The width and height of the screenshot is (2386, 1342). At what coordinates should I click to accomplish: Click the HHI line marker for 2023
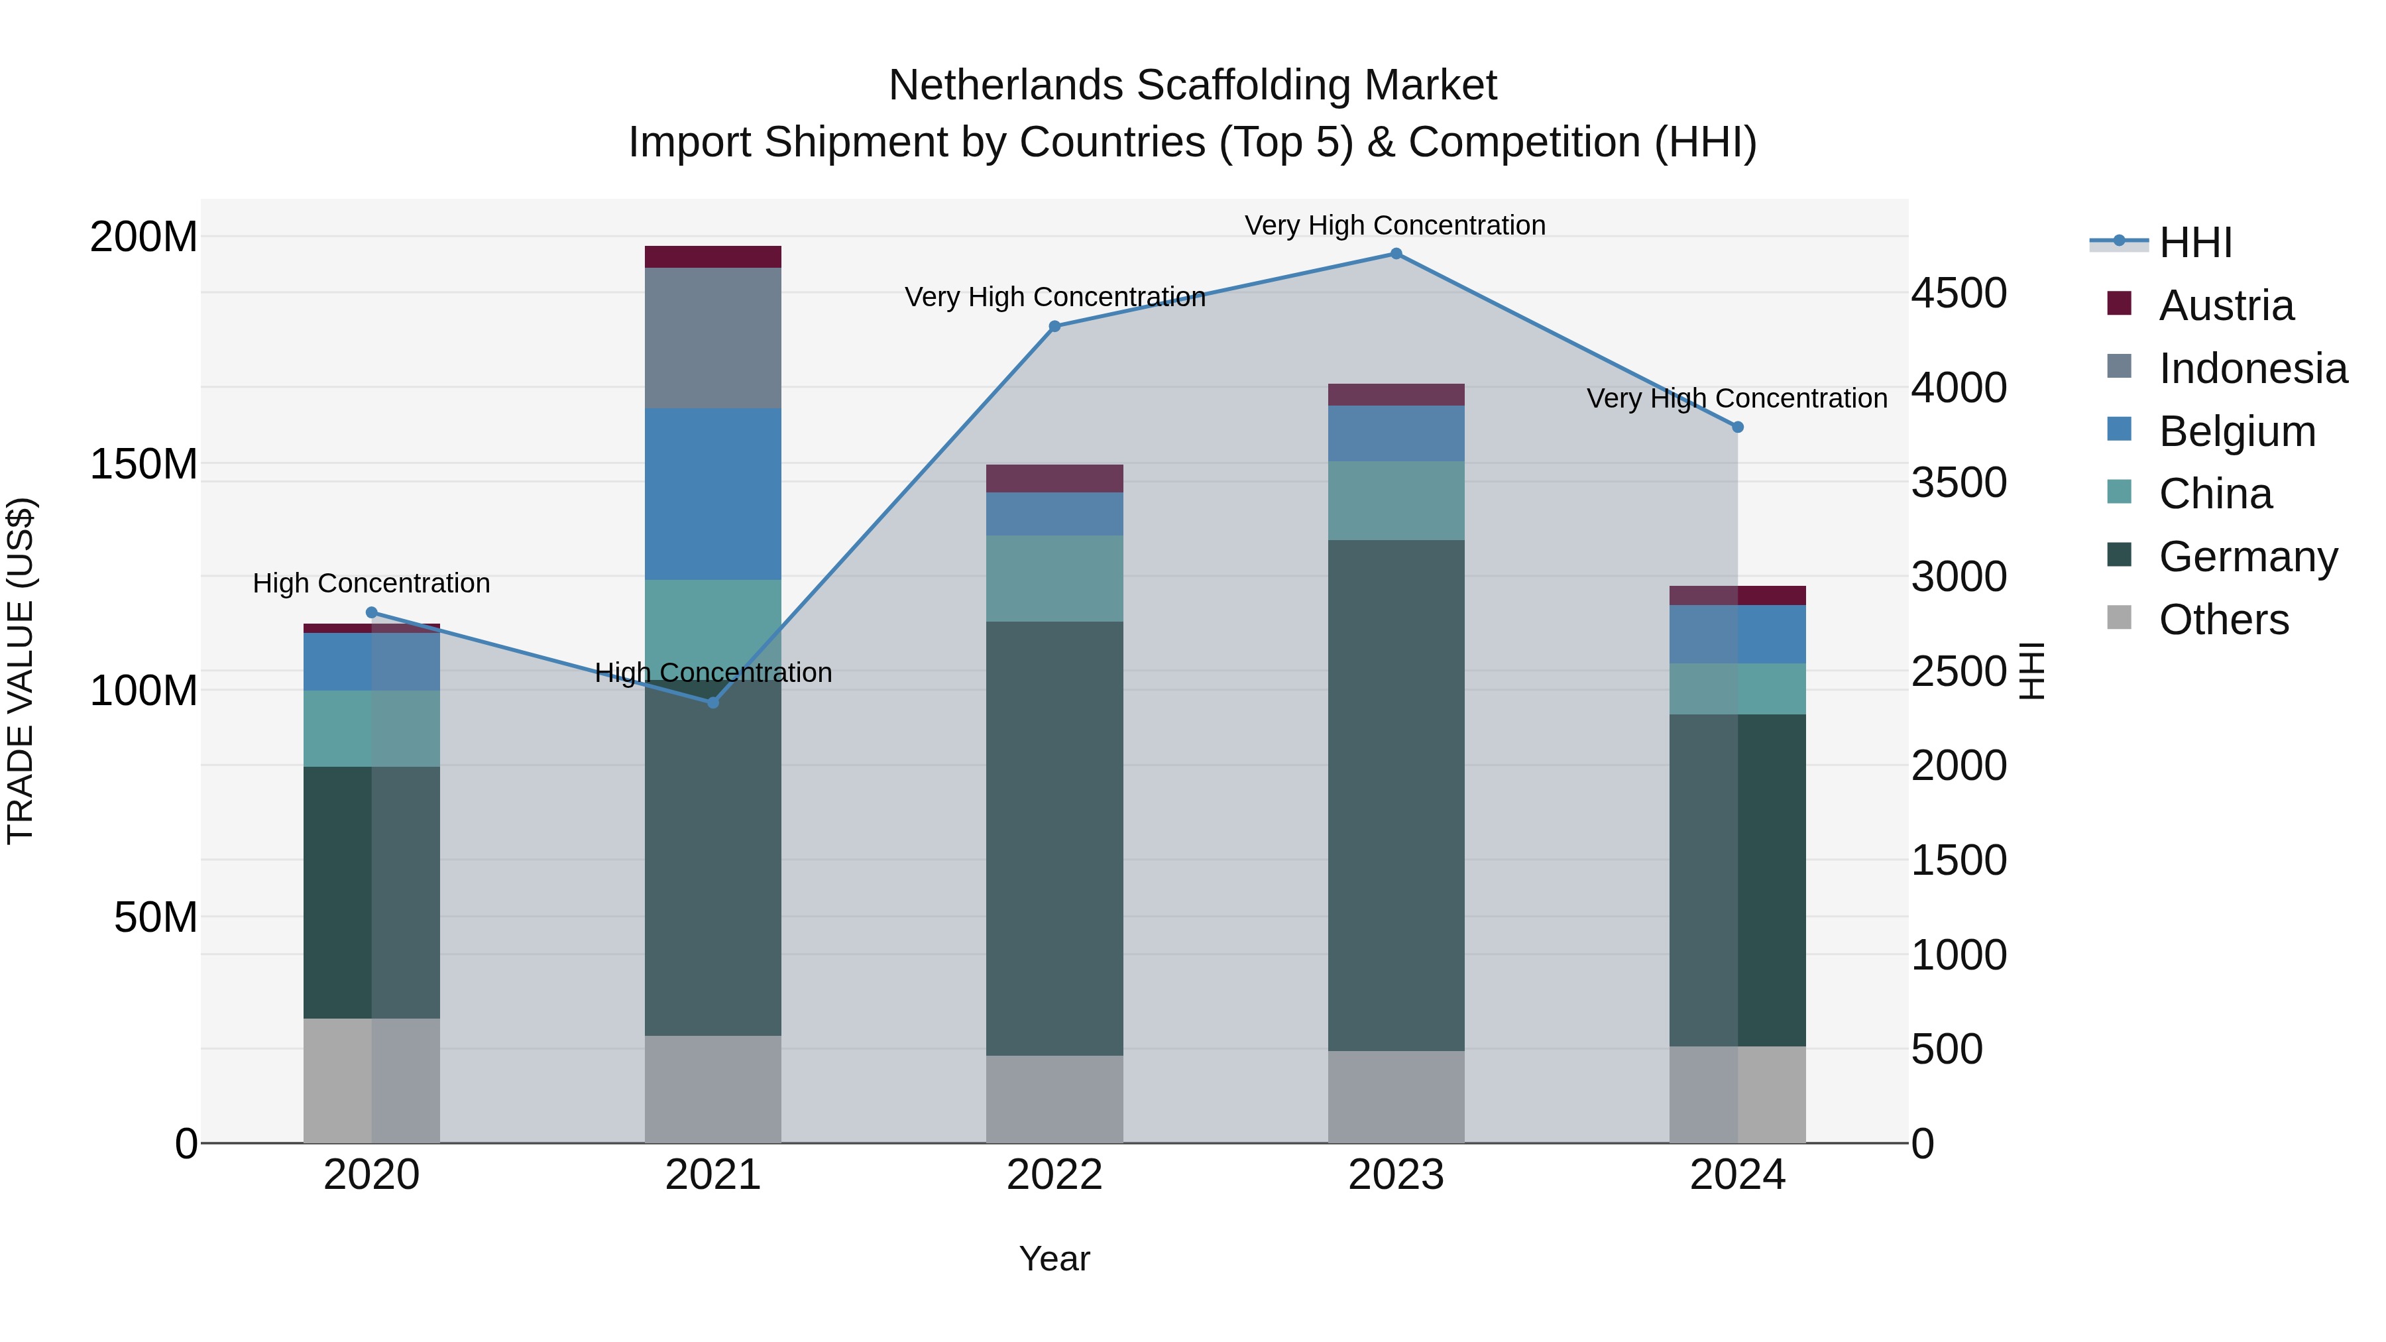coord(1396,254)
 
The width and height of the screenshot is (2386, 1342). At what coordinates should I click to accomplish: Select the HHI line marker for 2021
coord(712,703)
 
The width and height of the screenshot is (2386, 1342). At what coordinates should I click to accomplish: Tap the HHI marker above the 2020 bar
coord(371,612)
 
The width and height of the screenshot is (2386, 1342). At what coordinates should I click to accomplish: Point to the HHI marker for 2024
coord(1738,427)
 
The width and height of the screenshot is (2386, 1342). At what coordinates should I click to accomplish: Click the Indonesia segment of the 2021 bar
coord(712,338)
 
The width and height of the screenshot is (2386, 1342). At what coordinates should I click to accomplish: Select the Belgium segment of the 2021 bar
coord(712,494)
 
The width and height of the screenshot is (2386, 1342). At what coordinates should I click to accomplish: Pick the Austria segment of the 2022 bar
coord(1054,479)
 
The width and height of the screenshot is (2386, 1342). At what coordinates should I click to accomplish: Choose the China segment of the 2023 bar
coord(1396,501)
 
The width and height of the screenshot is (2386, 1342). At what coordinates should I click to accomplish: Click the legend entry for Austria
coord(2226,306)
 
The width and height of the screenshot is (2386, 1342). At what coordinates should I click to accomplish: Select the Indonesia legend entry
coord(2253,368)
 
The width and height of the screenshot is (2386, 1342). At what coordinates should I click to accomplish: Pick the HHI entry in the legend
coord(2194,243)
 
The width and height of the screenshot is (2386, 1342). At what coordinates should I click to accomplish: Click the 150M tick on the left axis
coord(144,463)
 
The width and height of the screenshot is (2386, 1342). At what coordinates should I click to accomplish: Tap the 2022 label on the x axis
coord(1054,1175)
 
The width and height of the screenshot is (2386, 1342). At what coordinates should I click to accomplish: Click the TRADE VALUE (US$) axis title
coord(21,671)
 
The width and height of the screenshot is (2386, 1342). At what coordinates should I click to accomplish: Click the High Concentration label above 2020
coord(371,583)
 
